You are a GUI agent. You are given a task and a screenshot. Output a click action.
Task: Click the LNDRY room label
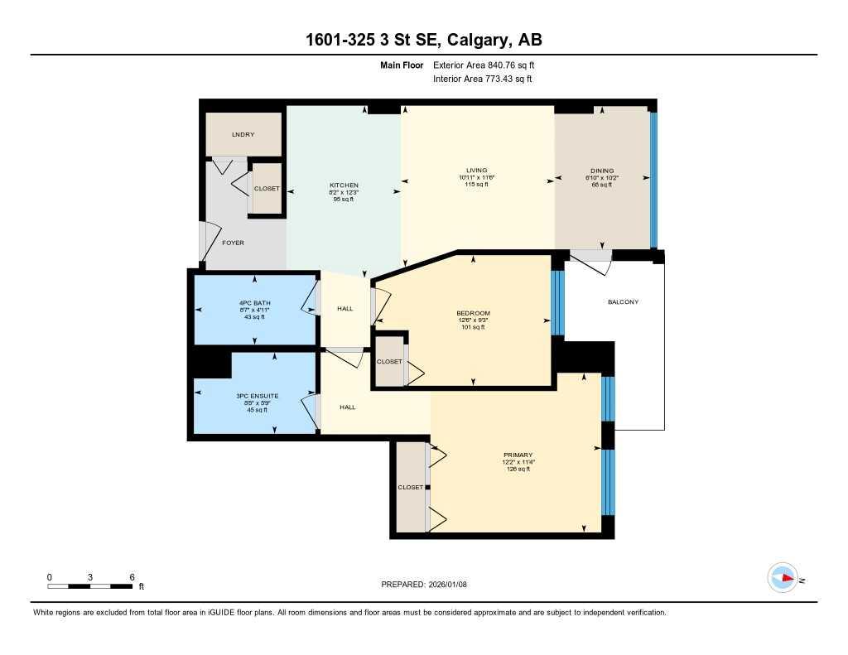point(243,134)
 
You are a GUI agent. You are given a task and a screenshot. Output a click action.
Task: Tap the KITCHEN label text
point(344,185)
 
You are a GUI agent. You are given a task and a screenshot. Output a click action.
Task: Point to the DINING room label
point(599,171)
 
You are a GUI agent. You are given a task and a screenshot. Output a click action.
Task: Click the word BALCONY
point(623,302)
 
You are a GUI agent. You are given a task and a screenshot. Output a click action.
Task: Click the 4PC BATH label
point(254,303)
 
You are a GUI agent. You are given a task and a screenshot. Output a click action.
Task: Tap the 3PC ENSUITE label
point(257,397)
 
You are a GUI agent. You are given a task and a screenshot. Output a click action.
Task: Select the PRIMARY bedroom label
point(517,455)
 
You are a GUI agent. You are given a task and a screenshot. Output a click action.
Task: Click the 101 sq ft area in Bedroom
point(473,327)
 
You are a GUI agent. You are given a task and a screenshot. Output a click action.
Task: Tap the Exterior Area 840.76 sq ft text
point(489,65)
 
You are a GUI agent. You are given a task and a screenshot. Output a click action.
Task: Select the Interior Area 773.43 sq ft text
point(482,79)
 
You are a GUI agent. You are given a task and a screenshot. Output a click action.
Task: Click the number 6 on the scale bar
point(132,576)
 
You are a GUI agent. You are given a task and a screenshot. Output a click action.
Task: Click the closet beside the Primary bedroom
point(410,488)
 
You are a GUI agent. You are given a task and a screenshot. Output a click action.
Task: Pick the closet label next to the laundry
point(267,189)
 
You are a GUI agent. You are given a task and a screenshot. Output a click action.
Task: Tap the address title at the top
point(423,40)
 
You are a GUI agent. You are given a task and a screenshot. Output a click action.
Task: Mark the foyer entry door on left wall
point(204,241)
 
